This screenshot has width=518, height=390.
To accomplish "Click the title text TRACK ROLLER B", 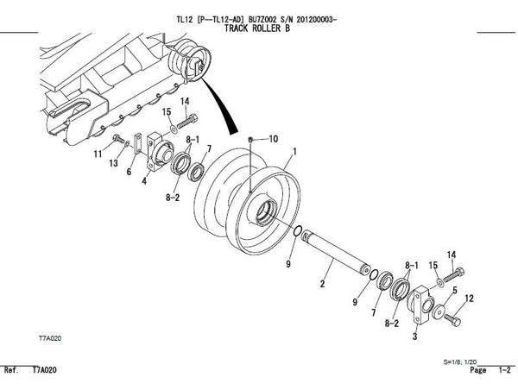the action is click(x=257, y=28).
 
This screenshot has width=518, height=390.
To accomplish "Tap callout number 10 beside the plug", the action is click(x=273, y=139).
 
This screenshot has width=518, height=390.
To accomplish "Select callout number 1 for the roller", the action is click(x=294, y=152).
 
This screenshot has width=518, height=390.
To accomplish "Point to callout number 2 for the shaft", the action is click(x=322, y=283).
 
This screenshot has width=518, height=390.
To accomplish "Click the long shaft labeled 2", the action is click(x=336, y=252).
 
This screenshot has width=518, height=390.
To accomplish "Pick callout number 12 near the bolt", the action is click(x=469, y=299).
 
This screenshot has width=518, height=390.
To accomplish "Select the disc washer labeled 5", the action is click(x=439, y=312).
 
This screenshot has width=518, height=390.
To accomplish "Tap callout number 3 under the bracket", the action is click(x=415, y=337).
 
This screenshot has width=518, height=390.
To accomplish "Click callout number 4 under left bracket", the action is click(x=144, y=181).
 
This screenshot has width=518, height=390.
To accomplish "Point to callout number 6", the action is click(x=129, y=172).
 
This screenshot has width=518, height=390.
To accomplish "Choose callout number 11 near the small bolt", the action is click(x=98, y=154).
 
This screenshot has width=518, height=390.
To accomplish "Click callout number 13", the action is click(x=114, y=163).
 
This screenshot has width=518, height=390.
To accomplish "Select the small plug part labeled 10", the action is click(x=250, y=140).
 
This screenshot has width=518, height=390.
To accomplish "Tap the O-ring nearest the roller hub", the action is click(x=297, y=231).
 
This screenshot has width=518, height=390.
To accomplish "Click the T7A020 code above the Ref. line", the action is click(x=50, y=338).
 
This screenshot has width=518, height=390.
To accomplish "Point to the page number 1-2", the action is click(x=505, y=370).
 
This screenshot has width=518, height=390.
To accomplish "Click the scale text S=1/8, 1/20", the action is click(x=460, y=362).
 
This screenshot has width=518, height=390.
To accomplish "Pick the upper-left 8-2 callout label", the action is click(x=173, y=198).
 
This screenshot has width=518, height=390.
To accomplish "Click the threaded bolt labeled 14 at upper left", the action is click(x=187, y=121).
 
